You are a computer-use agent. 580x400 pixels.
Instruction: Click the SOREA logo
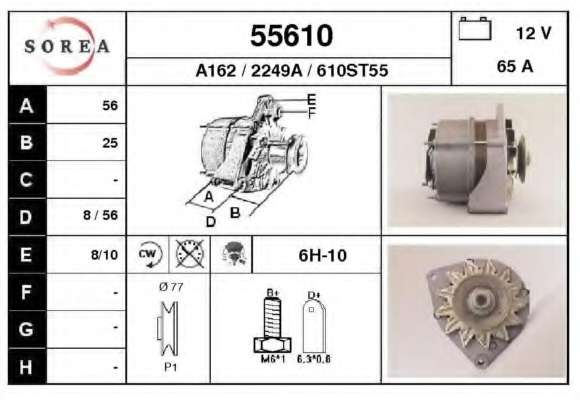[67, 47]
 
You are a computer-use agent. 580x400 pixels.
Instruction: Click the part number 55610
[291, 36]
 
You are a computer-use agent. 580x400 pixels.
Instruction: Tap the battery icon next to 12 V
[475, 28]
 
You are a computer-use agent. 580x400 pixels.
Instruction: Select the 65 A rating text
[515, 67]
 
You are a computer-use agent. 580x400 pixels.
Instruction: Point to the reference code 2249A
[277, 70]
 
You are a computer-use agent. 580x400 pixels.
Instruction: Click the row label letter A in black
[27, 106]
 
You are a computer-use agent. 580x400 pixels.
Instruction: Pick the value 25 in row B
[110, 143]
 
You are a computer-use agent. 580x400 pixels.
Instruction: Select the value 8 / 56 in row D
[100, 215]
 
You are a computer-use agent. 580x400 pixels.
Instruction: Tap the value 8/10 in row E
[104, 255]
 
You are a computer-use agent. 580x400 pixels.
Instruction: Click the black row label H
[26, 367]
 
